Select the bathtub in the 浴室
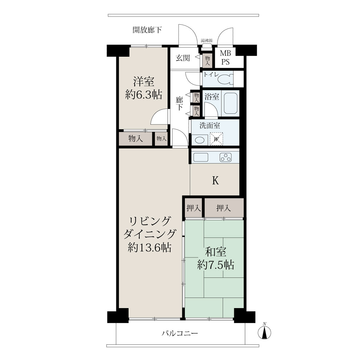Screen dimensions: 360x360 (230, 103)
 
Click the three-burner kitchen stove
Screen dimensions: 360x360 (226, 157)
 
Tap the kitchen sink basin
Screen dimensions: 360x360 (201, 157)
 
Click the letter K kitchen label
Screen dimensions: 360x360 (215, 181)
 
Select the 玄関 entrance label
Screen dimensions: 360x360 (182, 58)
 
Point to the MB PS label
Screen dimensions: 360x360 (225, 58)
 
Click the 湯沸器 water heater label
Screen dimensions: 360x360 (206, 40)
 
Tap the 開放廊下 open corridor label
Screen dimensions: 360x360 (147, 30)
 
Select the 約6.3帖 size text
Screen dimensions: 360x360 (143, 95)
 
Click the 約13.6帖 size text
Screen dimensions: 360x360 (149, 248)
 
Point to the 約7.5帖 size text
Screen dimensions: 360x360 (216, 265)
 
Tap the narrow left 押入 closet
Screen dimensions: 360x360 (193, 208)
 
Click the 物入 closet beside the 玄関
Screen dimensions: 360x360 (207, 61)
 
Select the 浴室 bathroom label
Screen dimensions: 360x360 (211, 97)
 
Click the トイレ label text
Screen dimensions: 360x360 (211, 75)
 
